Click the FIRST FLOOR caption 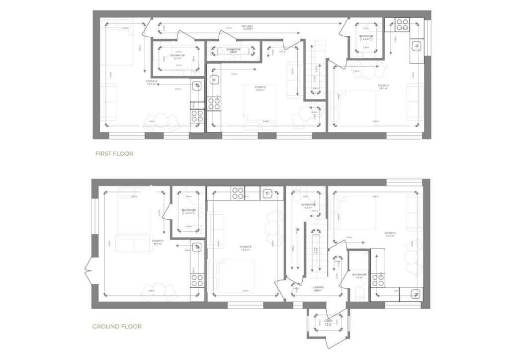[114, 154]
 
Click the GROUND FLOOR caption [117, 327]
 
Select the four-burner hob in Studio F [402, 25]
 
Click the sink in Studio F [417, 47]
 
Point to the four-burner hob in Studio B [238, 193]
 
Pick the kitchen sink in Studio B [268, 193]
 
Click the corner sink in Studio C [416, 294]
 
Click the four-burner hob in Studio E [214, 103]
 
